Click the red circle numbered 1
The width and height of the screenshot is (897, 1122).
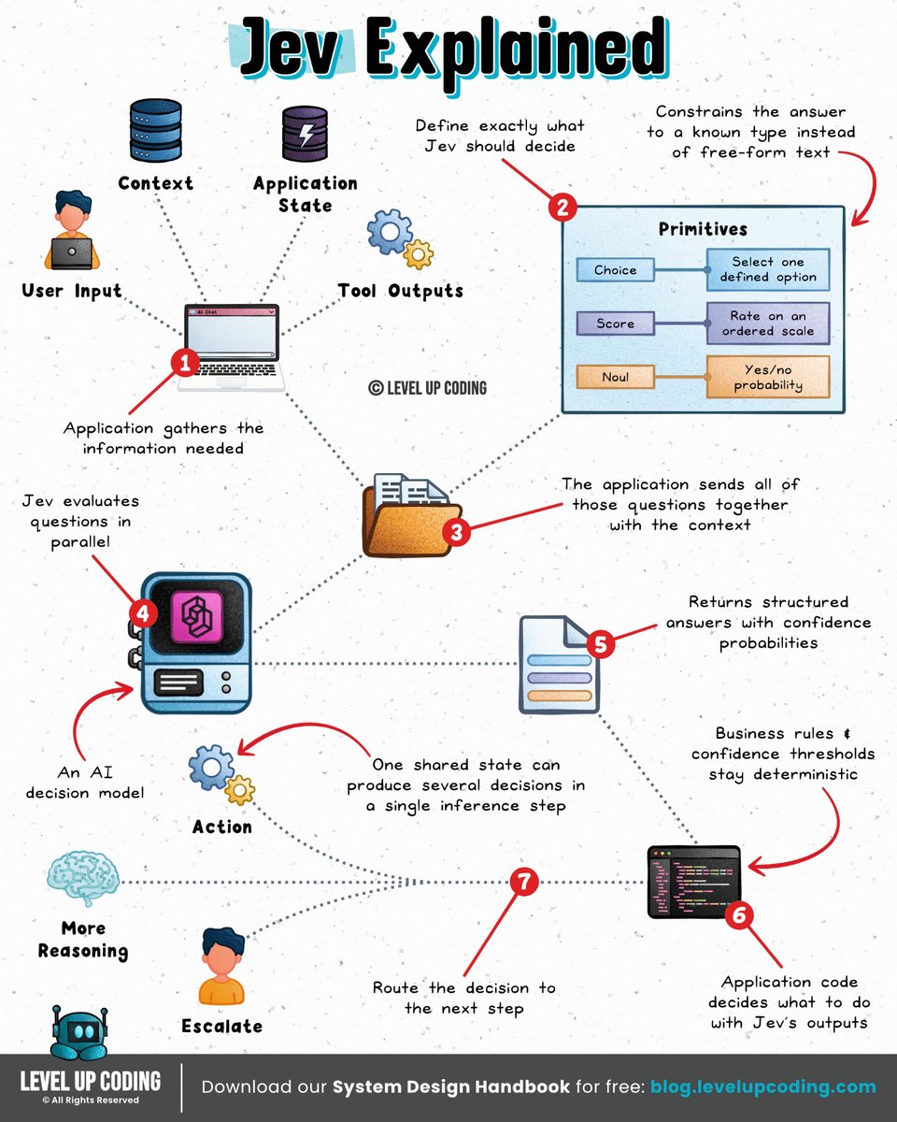click(185, 363)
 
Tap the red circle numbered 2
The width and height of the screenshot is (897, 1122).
click(562, 207)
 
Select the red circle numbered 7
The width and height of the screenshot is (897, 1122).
click(523, 882)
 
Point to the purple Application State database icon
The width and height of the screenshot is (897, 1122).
click(305, 134)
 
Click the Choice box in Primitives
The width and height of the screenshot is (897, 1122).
click(615, 269)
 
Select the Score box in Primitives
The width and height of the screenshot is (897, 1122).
click(615, 324)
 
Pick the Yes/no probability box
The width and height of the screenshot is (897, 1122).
click(768, 377)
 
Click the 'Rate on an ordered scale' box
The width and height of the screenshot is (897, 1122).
click(768, 324)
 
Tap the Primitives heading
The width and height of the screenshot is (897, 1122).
click(703, 229)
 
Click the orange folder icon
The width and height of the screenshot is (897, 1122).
click(412, 516)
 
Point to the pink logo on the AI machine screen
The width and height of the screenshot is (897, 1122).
click(196, 618)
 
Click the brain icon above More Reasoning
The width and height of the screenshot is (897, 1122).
click(83, 881)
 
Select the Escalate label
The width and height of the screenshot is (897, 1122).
click(222, 1026)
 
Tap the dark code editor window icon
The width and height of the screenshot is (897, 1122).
click(693, 881)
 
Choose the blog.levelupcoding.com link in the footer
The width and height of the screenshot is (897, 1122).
click(763, 1086)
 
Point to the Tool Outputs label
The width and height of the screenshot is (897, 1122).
click(400, 291)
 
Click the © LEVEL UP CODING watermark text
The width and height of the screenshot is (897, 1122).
click(427, 388)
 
